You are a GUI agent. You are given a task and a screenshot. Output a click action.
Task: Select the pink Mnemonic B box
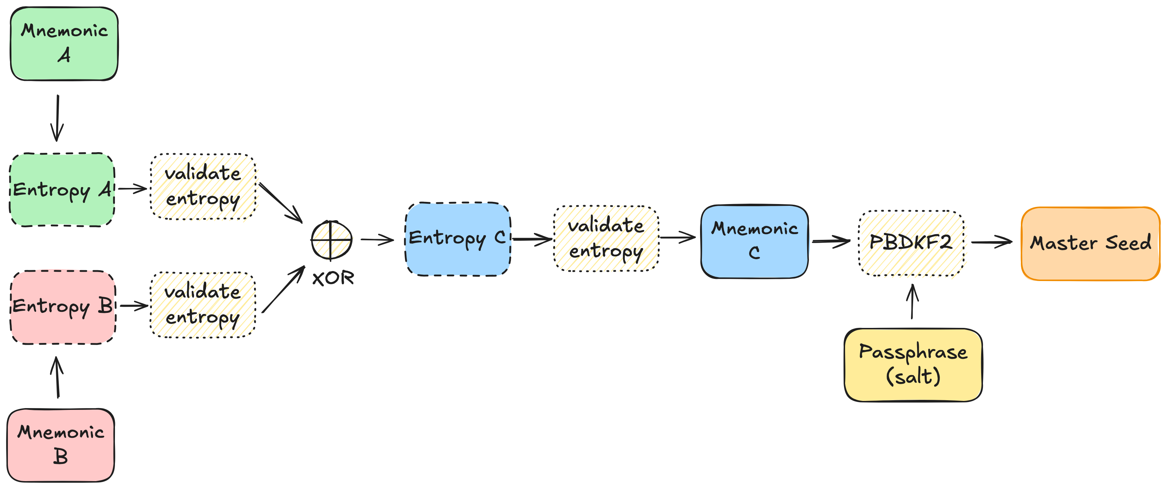tap(61, 445)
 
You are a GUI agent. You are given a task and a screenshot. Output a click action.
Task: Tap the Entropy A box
tap(62, 190)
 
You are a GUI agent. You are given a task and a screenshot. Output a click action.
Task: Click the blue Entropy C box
tap(458, 239)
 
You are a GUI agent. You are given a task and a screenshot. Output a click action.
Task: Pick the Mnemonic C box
tap(754, 241)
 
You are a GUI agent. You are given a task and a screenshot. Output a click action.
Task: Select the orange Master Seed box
tap(1090, 243)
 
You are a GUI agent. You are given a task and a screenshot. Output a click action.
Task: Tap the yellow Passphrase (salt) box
tap(913, 364)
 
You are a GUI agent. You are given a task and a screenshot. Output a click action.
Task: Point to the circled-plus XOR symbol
tap(332, 240)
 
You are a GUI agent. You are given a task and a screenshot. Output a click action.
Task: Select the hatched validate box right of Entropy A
tap(204, 188)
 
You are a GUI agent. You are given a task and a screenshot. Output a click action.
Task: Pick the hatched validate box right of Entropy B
tap(203, 305)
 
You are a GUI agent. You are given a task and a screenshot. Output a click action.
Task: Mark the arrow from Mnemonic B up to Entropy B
tap(57, 377)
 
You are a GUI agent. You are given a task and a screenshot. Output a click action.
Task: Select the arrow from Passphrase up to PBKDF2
tap(912, 301)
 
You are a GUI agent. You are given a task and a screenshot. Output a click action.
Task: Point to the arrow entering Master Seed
tap(992, 242)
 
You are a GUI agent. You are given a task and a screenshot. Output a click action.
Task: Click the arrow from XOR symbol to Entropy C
tap(377, 239)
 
